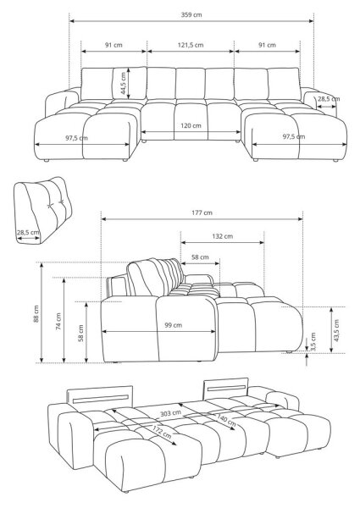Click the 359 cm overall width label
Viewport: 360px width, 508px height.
tap(191, 14)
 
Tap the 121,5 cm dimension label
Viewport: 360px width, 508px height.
tap(191, 45)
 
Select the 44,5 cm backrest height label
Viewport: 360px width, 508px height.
tap(124, 83)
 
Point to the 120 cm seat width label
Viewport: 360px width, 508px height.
tap(191, 125)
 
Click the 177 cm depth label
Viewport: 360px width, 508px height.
tap(202, 213)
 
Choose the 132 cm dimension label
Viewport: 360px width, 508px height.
tap(222, 236)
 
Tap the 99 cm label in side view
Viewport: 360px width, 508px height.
tap(173, 325)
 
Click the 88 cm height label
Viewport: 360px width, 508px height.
tap(36, 313)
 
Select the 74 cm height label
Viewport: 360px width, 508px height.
tap(58, 321)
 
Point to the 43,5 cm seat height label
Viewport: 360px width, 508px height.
tap(336, 330)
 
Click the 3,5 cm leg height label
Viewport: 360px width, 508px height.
tap(313, 342)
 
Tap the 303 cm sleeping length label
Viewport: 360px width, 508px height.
tap(170, 413)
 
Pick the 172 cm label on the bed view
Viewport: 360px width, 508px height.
tap(162, 432)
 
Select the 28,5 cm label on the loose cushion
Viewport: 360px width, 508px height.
tap(28, 232)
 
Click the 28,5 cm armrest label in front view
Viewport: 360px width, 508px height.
tap(329, 99)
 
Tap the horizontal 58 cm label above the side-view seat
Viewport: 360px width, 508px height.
tap(200, 257)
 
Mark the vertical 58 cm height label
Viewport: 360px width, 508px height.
tap(81, 333)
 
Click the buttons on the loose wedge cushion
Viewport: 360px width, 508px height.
tap(55, 204)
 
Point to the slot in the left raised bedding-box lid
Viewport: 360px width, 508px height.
tap(101, 399)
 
